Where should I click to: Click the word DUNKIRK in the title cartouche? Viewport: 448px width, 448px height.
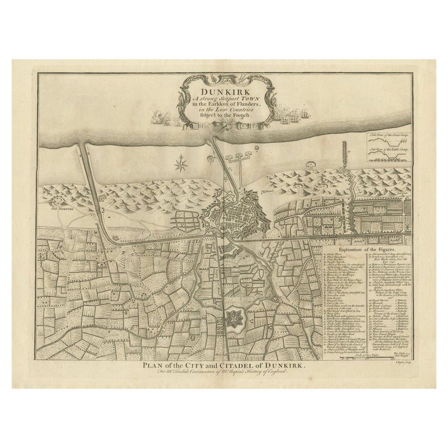pos(224,91)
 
